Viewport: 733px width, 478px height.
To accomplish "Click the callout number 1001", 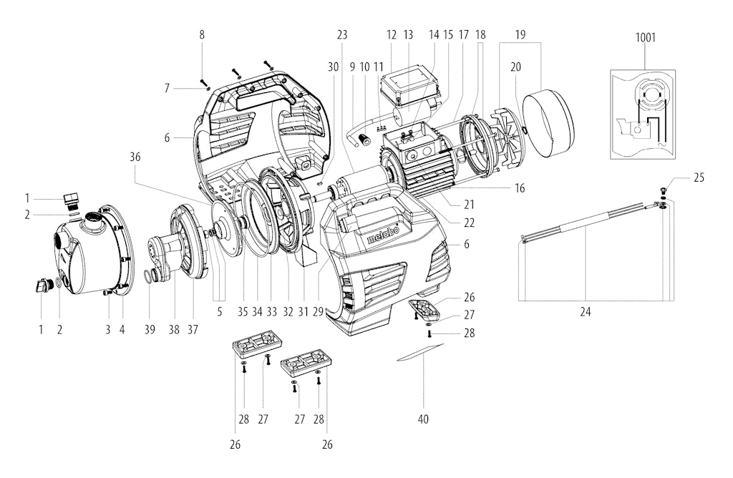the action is click(x=645, y=38).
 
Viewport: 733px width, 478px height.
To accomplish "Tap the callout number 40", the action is click(x=422, y=419).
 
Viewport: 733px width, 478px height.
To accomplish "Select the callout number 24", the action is click(x=586, y=312).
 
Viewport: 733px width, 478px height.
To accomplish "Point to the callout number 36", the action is click(x=135, y=157).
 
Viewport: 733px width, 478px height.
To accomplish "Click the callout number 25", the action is click(x=699, y=177).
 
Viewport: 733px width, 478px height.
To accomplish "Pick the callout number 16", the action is click(x=520, y=188).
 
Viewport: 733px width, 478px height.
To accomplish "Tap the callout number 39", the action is click(x=149, y=330).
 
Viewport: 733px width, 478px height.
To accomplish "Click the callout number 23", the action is click(x=342, y=34).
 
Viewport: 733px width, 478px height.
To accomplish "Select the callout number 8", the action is click(x=202, y=34).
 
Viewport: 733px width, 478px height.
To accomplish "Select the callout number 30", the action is click(x=333, y=67).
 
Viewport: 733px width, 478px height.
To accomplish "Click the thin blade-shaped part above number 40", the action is click(x=419, y=352).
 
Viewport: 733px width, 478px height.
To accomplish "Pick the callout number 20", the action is click(x=515, y=67).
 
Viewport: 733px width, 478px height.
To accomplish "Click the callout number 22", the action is click(x=469, y=223).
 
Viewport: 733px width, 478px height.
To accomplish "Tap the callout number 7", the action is click(x=167, y=88).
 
